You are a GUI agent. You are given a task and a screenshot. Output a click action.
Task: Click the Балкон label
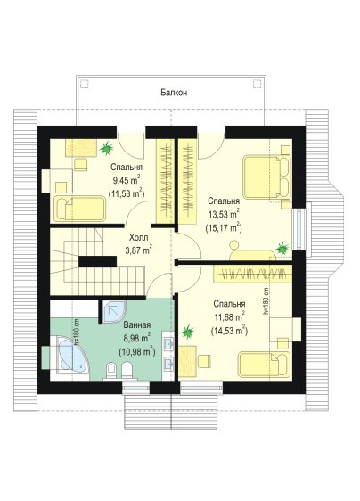point(174,93)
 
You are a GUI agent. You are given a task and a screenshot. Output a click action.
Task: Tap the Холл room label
point(139,238)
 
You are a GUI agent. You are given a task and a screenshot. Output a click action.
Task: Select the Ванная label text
point(137,325)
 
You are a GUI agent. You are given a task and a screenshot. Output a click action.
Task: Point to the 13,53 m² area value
point(224,214)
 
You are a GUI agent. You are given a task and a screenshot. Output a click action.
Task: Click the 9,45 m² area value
point(127,180)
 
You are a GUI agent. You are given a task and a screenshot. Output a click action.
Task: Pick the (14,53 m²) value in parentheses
point(229,331)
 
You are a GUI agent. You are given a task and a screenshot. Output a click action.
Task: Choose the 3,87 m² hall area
point(139,250)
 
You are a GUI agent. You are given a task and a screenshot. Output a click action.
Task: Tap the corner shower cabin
point(114,311)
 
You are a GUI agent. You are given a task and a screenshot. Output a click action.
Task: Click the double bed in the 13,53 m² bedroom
point(266,177)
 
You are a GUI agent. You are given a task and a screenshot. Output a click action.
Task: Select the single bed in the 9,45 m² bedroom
point(79,209)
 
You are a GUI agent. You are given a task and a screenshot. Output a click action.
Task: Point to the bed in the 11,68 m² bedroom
point(264,365)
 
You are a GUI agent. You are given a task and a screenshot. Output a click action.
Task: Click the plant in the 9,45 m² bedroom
point(106,148)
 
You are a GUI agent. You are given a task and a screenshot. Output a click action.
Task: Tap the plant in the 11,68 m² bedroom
point(188,332)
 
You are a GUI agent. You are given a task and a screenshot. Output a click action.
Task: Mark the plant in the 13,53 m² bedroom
point(282,248)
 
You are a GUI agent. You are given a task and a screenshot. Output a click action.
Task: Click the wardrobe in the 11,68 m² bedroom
point(253,273)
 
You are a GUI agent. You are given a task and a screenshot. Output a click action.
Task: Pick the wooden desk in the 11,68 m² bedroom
point(187,361)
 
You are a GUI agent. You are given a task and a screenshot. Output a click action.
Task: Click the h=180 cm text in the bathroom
point(77,333)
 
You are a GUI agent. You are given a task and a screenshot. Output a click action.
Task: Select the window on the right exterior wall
point(299,229)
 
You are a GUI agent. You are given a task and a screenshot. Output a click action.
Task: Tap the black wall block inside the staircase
point(97,261)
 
